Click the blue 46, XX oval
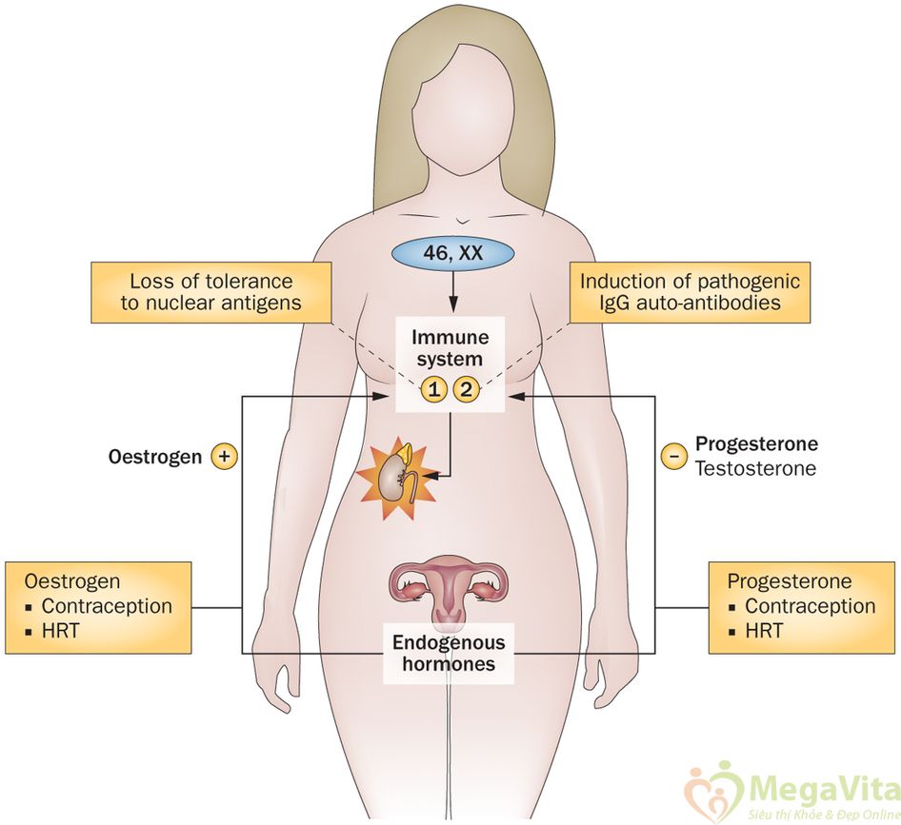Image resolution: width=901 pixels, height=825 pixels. pos(452,254)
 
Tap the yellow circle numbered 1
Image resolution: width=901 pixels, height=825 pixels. pos(434,387)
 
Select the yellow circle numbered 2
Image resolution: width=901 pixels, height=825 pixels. pos(466,387)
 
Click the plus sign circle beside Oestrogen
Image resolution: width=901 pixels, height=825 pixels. pos(225,457)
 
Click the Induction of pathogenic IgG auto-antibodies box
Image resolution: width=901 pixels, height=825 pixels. pos(690,292)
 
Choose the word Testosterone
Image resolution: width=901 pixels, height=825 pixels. pos(754,468)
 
